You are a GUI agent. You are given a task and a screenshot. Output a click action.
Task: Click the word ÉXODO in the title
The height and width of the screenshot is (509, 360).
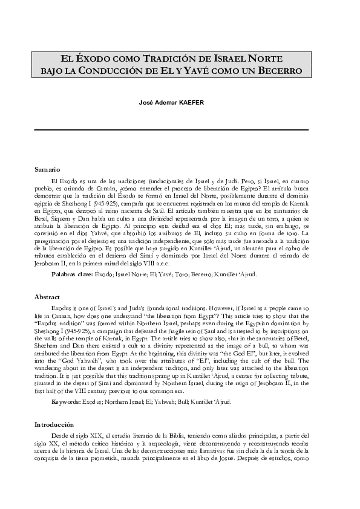point(93,59)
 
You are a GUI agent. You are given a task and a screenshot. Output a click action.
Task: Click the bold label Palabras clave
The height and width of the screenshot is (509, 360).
point(72,274)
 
